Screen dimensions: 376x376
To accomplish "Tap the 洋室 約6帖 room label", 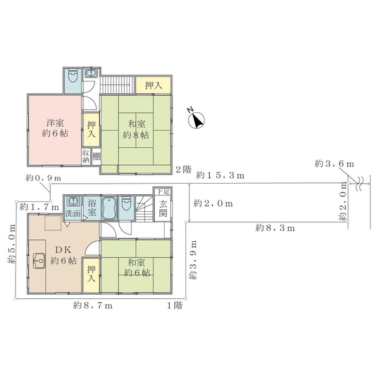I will pyautogui.click(x=56, y=128).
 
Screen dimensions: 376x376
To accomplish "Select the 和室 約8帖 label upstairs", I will pyautogui.click(x=135, y=129).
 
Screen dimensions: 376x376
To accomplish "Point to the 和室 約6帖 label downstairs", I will pyautogui.click(x=137, y=267).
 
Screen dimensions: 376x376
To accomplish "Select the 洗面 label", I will pyautogui.click(x=73, y=214).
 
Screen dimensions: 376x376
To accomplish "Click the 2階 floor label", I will pyautogui.click(x=182, y=169).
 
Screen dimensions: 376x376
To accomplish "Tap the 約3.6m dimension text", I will pyautogui.click(x=336, y=164).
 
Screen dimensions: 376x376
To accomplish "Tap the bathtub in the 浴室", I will pyautogui.click(x=107, y=207).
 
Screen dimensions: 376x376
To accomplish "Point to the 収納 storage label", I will pyautogui.click(x=86, y=155).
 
